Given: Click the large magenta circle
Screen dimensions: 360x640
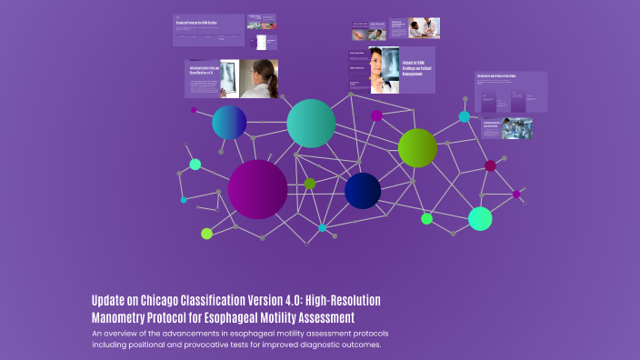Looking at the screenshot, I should point(258,189).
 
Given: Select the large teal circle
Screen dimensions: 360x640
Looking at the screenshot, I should point(311,124).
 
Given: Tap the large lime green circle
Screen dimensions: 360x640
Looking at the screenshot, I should point(417,148).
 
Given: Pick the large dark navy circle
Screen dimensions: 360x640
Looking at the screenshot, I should point(363,190).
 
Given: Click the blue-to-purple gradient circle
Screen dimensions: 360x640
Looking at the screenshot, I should point(229,123).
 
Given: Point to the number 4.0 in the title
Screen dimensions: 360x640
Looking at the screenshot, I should point(295,301).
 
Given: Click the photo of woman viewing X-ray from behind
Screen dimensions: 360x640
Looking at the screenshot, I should point(256,78).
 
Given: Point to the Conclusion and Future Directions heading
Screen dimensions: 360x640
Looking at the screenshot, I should point(496,76).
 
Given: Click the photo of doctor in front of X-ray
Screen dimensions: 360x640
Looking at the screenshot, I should point(384,70).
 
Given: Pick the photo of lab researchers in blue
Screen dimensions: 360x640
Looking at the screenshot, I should point(516,128).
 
